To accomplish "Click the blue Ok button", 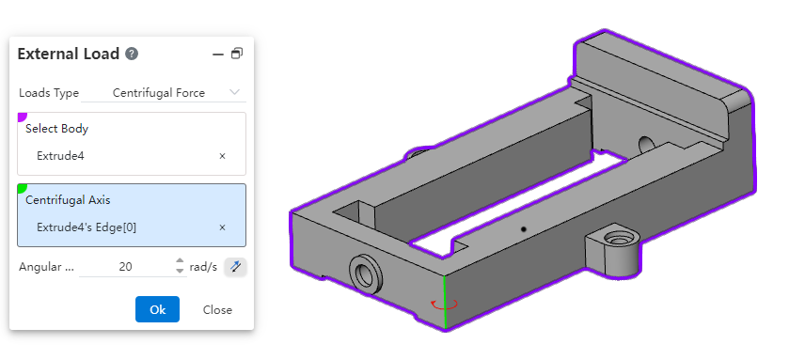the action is tap(157, 309).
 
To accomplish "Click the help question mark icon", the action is tap(132, 54).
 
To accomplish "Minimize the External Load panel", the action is tap(218, 54).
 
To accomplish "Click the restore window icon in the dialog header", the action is tap(237, 54).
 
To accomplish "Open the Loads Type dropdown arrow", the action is tap(234, 92).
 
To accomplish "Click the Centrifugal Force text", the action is tap(159, 93).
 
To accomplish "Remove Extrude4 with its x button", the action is tap(222, 156).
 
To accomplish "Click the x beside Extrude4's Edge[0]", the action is tap(222, 227).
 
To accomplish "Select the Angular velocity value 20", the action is tap(125, 267).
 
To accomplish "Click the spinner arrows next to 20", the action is tap(180, 266).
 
